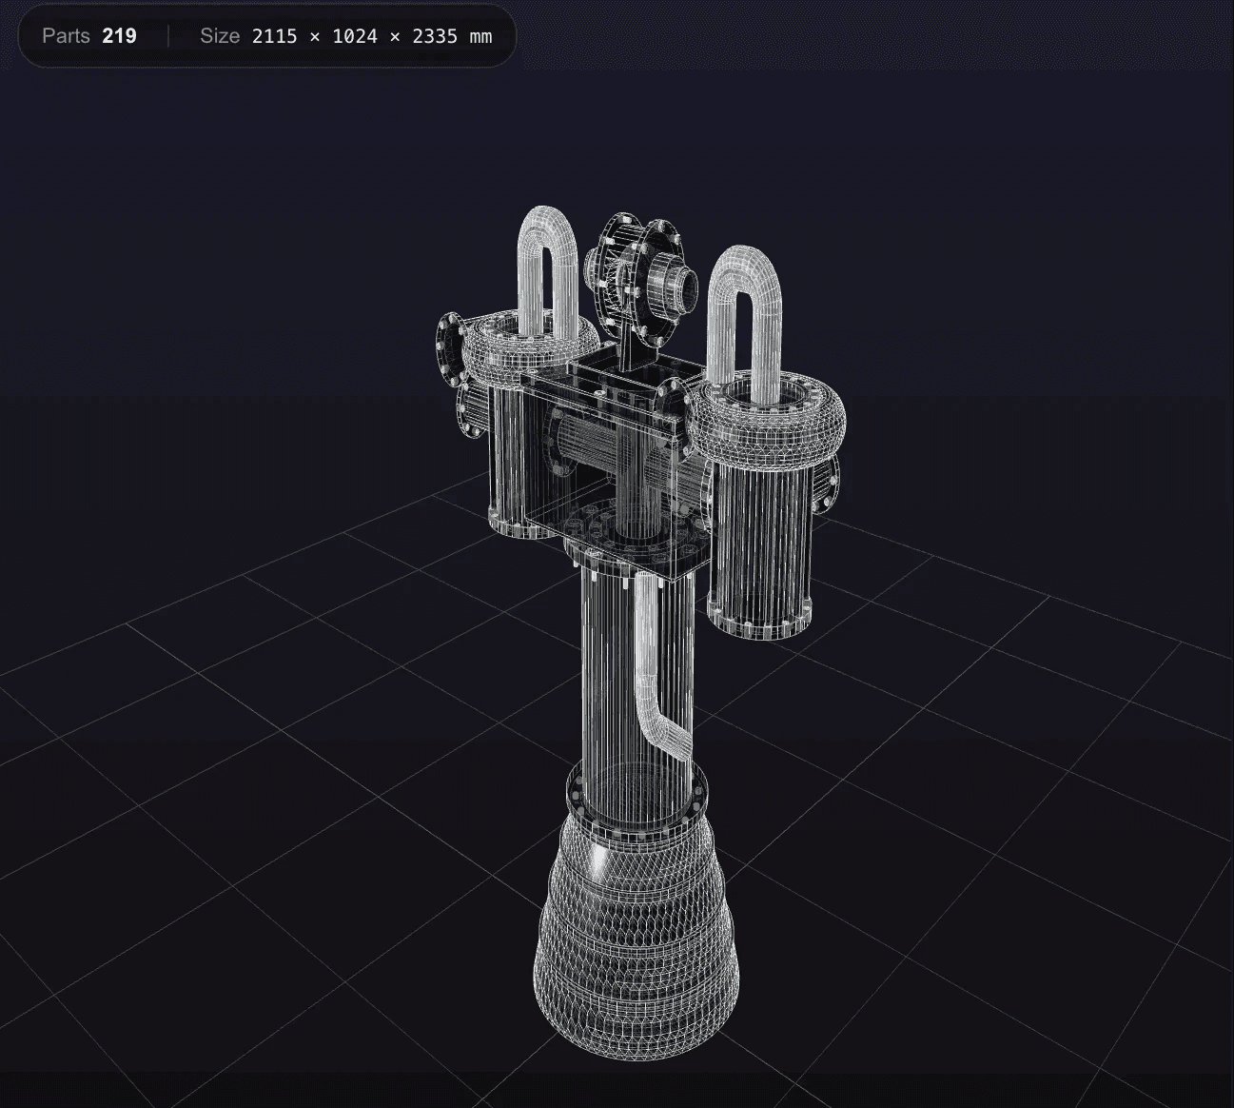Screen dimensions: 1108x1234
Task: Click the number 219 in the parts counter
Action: [x=119, y=36]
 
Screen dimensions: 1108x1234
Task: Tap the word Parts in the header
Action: [x=66, y=36]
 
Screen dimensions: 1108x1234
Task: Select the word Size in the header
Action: [x=220, y=36]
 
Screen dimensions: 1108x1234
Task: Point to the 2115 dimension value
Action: [x=274, y=36]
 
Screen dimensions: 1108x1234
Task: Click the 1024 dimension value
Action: [x=355, y=36]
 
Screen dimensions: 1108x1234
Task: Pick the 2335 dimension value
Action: [x=435, y=36]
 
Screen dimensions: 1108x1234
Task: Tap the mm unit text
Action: [x=480, y=36]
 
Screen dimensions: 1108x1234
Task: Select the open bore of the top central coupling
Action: [x=683, y=285]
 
